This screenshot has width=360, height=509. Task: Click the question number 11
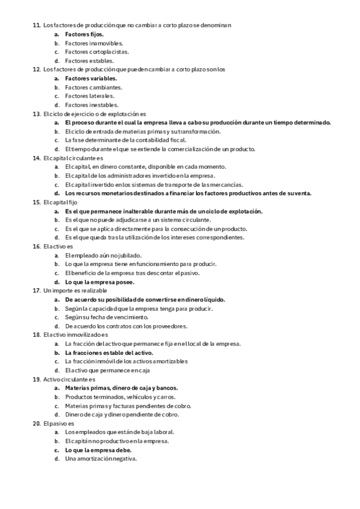click(36, 25)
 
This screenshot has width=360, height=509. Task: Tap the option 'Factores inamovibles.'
click(94, 43)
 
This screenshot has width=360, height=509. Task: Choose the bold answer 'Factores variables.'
click(91, 78)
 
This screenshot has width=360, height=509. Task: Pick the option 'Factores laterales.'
click(89, 96)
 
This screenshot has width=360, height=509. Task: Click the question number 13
click(36, 113)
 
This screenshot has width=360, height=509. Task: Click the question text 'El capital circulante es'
click(70, 158)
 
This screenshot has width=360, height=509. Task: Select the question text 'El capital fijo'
click(60, 202)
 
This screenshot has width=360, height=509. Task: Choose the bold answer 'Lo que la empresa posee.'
click(100, 282)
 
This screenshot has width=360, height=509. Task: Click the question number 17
click(36, 291)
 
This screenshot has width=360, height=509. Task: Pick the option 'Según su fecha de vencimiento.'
click(106, 317)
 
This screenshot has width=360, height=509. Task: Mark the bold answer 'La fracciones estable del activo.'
click(109, 352)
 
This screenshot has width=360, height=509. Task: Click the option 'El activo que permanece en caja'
click(107, 370)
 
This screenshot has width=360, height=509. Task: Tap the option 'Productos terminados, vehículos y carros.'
click(120, 397)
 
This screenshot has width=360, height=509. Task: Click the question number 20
click(36, 423)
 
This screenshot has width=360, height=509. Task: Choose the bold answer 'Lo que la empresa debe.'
click(98, 450)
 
